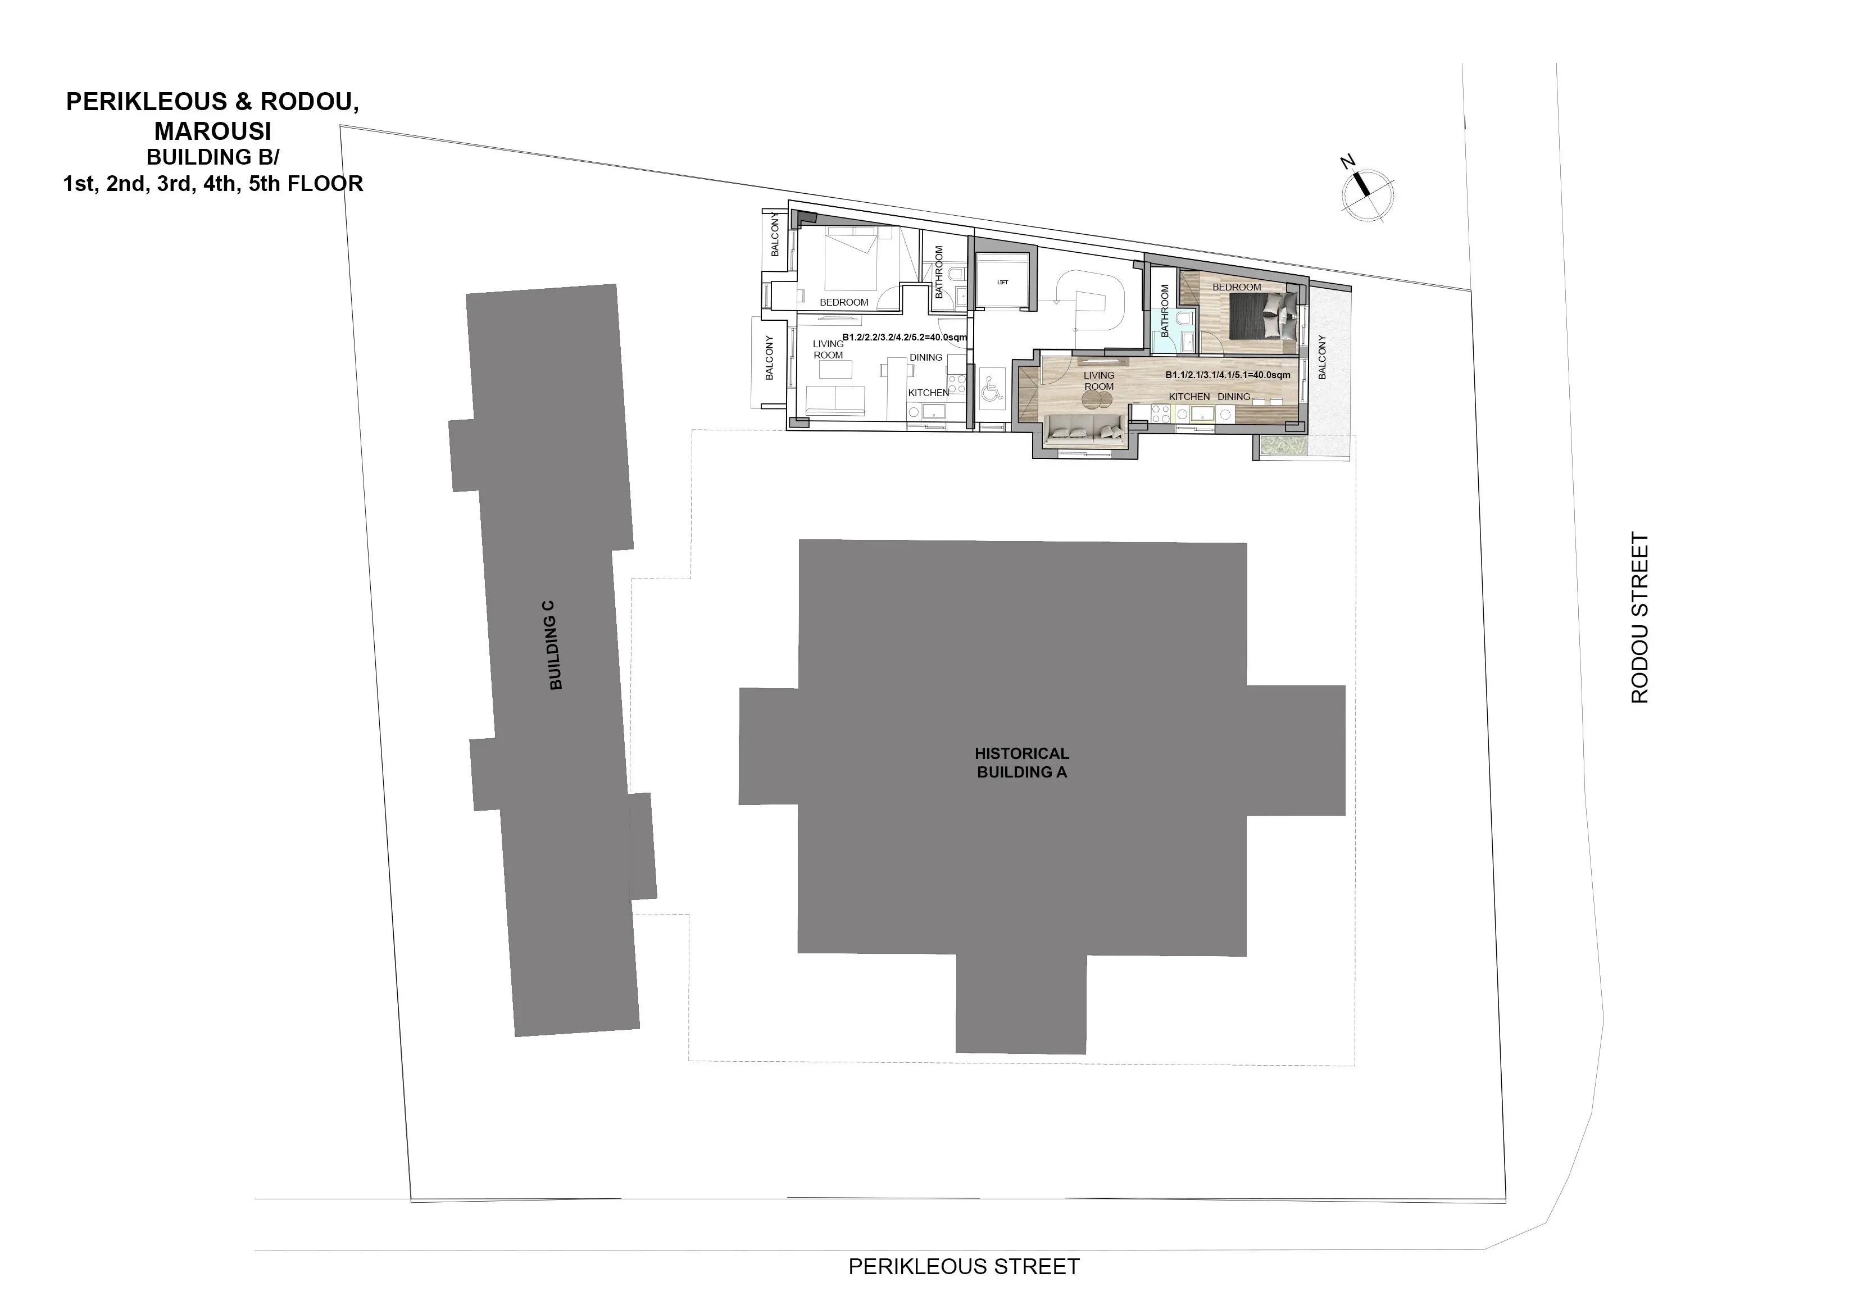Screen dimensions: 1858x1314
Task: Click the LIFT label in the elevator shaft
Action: tap(1003, 283)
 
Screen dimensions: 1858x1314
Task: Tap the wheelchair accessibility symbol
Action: tap(992, 392)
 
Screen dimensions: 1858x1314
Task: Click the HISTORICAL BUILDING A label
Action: tap(1021, 763)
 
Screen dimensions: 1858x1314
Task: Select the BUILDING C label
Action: tap(555, 645)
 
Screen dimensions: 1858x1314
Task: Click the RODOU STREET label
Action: tap(1639, 617)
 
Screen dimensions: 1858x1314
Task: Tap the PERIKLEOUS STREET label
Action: tap(964, 1266)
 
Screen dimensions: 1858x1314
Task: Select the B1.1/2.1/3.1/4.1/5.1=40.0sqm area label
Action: tap(1228, 375)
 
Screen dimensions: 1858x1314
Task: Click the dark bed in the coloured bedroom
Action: tap(1264, 316)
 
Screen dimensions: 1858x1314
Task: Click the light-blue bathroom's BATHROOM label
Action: tap(1165, 311)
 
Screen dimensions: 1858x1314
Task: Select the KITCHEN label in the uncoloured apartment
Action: tap(928, 393)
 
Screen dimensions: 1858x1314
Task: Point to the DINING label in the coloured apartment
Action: tap(1234, 397)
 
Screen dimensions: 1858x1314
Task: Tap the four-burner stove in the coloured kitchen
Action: tap(1160, 413)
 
